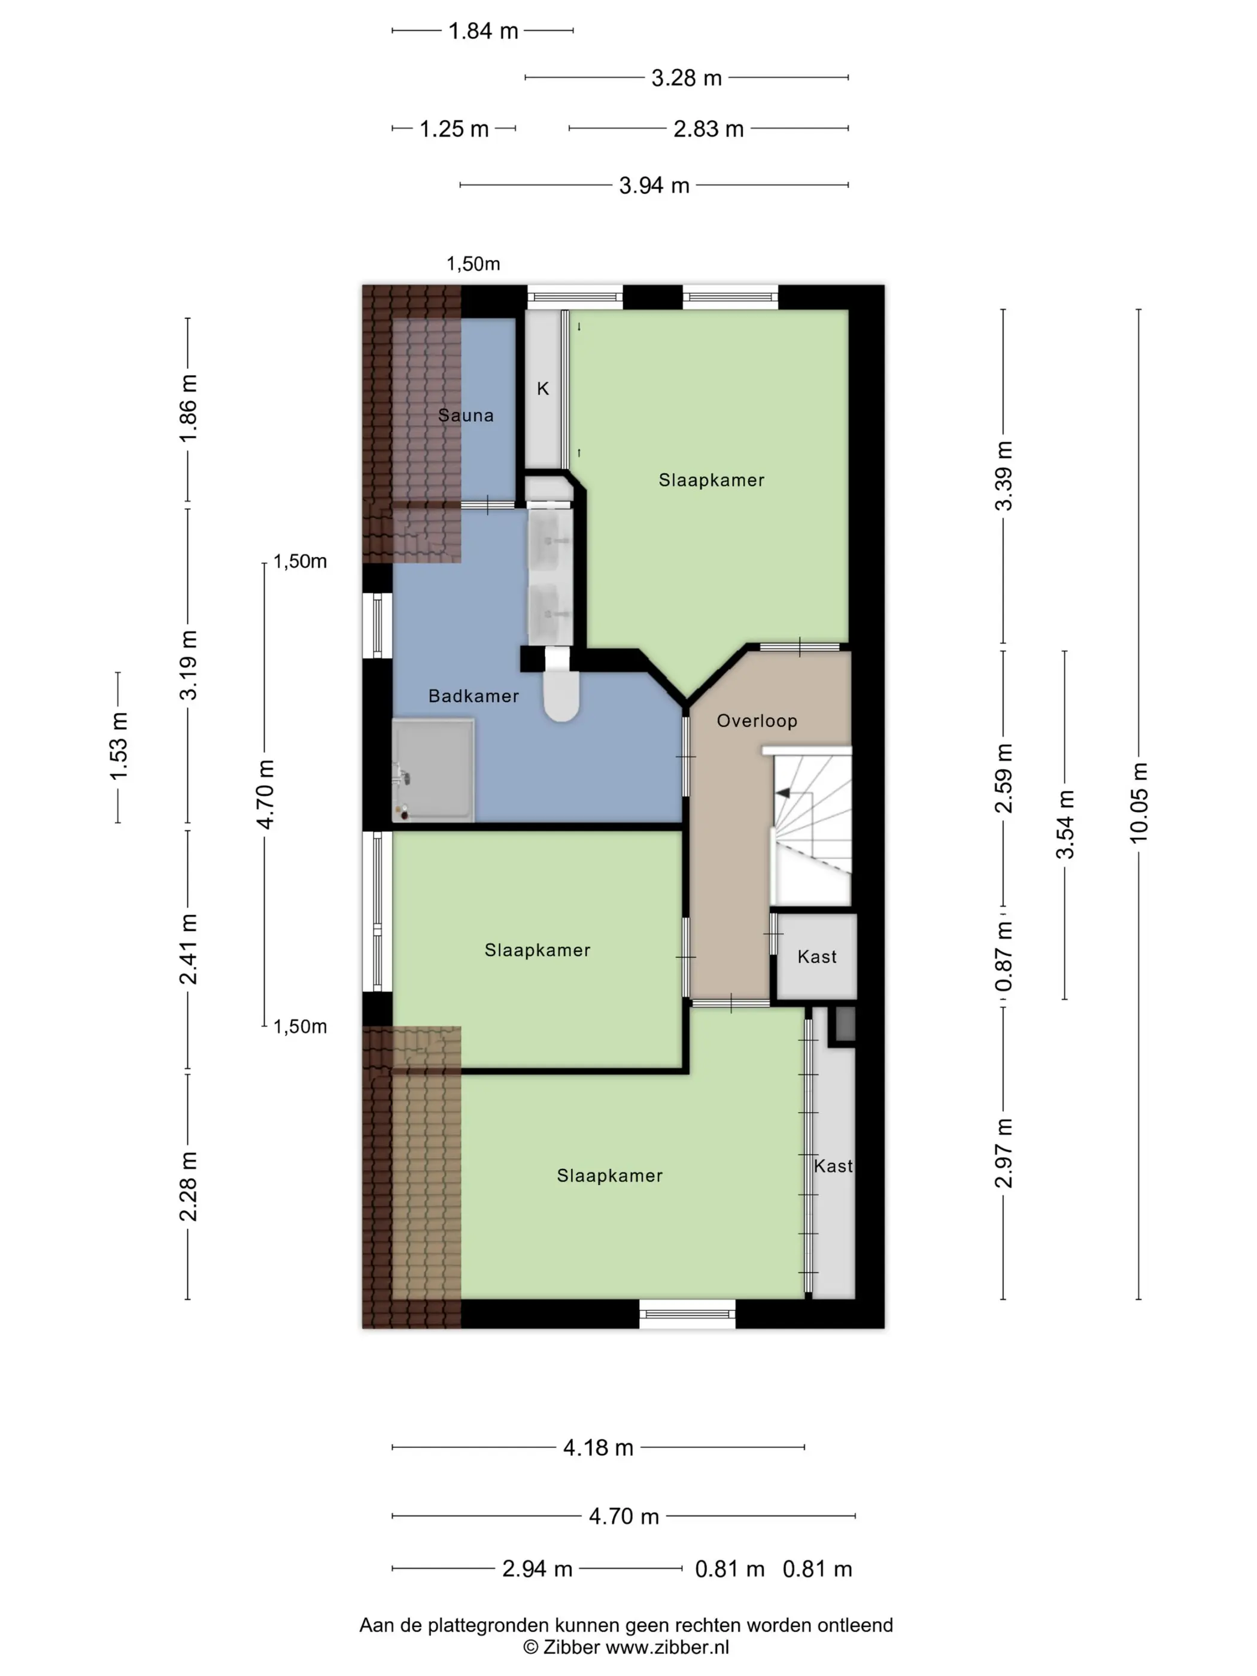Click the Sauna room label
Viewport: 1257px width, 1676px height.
(x=465, y=415)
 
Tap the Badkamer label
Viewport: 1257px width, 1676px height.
(x=473, y=696)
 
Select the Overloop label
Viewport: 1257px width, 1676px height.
(x=757, y=721)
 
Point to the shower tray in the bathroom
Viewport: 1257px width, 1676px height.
(x=433, y=770)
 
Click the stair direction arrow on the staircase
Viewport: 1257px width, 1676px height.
(x=783, y=793)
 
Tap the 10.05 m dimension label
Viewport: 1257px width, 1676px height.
(x=1139, y=803)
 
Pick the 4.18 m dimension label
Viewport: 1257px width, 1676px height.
(x=598, y=1447)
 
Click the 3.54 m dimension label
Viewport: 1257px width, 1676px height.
(x=1065, y=824)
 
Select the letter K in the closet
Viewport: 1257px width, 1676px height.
(x=542, y=388)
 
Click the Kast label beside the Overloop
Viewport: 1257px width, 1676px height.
(x=817, y=957)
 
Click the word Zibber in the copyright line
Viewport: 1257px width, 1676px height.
(x=571, y=1647)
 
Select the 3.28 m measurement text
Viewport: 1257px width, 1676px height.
(x=687, y=78)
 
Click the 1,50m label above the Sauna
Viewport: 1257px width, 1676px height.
(x=473, y=264)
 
